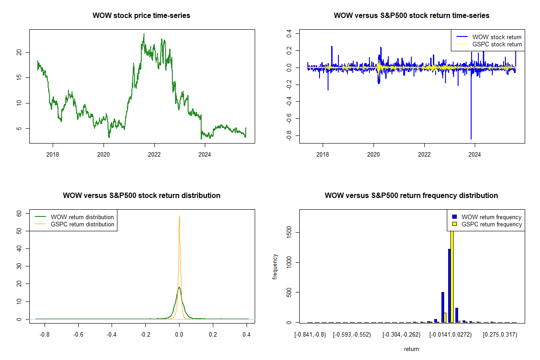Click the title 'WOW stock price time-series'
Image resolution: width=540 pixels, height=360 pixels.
141,16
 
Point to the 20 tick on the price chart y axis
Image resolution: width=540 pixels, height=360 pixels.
18,52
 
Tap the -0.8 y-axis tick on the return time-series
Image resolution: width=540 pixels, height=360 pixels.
288,135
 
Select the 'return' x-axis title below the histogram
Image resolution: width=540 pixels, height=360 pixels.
411,349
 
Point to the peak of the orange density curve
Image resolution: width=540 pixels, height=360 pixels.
180,216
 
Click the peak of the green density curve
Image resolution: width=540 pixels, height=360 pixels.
179,287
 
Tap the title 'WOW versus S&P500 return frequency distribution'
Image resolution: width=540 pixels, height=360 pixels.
411,196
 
